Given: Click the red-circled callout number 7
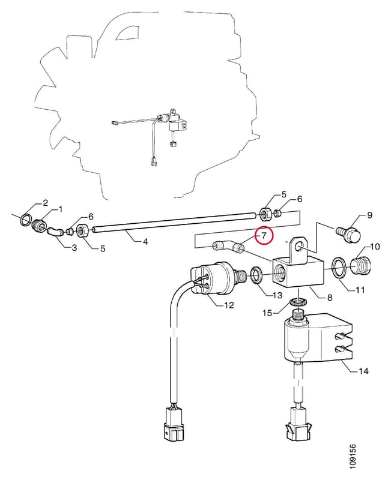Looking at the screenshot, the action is [x=264, y=235].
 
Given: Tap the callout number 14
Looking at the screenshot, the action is [x=363, y=371].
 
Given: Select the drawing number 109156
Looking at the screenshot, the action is [x=353, y=457].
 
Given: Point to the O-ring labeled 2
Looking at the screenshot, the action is [x=26, y=219].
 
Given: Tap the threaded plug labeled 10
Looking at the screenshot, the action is [x=362, y=266].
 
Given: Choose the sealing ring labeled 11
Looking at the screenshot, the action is [x=340, y=268].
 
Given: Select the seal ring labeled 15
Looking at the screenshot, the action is [x=297, y=302].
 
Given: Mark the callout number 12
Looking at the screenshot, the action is [x=229, y=305].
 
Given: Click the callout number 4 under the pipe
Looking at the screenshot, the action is [x=145, y=242].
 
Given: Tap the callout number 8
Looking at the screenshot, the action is [x=329, y=297].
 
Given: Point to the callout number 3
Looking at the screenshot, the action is [x=74, y=247].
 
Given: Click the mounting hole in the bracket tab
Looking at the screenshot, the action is [x=300, y=247].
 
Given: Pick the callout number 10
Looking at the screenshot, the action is [x=375, y=247].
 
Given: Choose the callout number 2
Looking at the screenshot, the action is [x=45, y=203].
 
